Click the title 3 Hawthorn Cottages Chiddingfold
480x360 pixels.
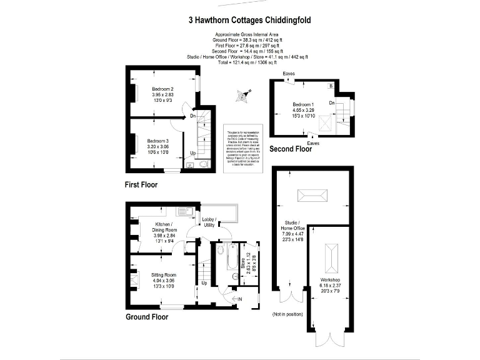point(249,20)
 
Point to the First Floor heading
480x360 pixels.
point(141,185)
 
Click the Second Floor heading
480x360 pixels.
point(291,149)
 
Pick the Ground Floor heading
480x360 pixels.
point(147,316)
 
